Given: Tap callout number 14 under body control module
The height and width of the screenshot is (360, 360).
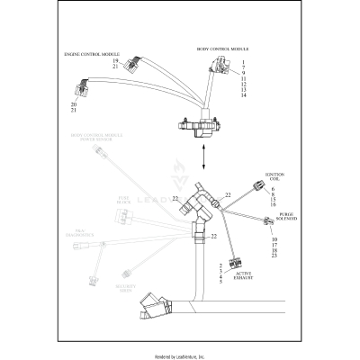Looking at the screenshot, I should [x=243, y=95].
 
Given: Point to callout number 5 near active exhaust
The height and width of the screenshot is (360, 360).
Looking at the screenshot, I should [x=220, y=282].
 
